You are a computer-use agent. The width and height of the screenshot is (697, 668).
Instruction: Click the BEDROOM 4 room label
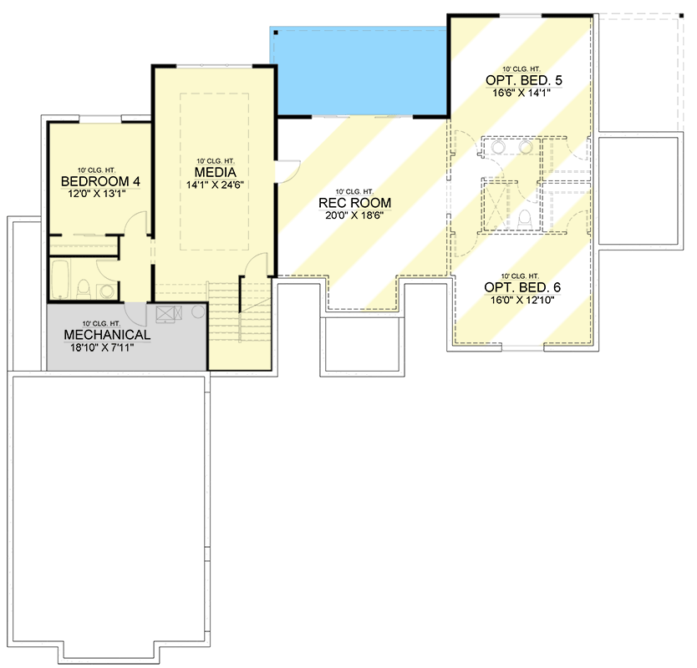coord(100,181)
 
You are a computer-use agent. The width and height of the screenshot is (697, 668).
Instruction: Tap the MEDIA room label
coord(215,172)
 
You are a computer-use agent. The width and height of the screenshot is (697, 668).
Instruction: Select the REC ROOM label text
coord(354,203)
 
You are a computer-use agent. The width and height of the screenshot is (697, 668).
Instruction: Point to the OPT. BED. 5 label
coord(524,80)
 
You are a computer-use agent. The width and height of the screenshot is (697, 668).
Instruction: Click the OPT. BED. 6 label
coord(522,287)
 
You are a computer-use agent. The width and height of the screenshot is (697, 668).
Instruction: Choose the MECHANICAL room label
coord(107,335)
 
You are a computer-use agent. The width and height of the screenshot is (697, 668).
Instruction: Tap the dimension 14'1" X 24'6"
coord(215,185)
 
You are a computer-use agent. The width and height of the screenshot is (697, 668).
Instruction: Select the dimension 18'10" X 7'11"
coord(102,347)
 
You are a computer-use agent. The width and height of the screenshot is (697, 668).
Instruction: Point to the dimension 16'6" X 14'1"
coord(521,93)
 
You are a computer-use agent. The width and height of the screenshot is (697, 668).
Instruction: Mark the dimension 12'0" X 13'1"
coord(97,194)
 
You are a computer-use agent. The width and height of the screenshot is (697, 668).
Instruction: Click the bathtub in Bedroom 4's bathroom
coord(60,280)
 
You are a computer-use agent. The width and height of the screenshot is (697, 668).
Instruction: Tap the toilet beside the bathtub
coord(83,289)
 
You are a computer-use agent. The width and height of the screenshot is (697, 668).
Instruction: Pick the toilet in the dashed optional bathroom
coord(525,220)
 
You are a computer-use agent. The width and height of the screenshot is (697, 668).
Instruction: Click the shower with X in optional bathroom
coord(494,205)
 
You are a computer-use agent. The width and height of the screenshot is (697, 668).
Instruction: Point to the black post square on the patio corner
coord(276,33)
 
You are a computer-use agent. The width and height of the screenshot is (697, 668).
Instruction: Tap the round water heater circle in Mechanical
coord(198,311)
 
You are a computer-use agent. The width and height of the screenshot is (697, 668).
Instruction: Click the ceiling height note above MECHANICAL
coord(101,324)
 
